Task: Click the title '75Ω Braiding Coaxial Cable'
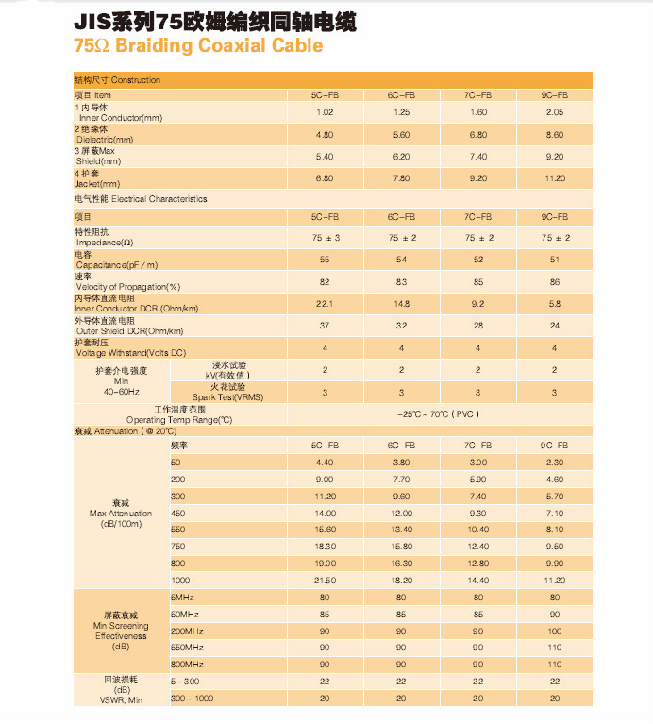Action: pyautogui.click(x=198, y=45)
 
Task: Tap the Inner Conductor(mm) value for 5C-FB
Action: pyautogui.click(x=325, y=112)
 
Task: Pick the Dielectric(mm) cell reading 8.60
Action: pyautogui.click(x=555, y=135)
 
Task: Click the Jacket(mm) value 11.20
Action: pyautogui.click(x=555, y=178)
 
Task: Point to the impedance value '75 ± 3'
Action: pyautogui.click(x=326, y=238)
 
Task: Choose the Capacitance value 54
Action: pyautogui.click(x=401, y=260)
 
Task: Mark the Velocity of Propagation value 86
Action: pyautogui.click(x=555, y=282)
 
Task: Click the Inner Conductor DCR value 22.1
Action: pyautogui.click(x=325, y=304)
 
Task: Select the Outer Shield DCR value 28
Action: pyautogui.click(x=478, y=326)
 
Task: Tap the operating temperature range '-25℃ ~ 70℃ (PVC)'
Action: pyautogui.click(x=439, y=414)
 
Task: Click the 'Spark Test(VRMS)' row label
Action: pyautogui.click(x=228, y=397)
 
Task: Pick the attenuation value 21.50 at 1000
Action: pyautogui.click(x=326, y=581)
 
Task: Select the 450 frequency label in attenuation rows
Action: pyautogui.click(x=178, y=514)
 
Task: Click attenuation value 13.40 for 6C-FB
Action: pyautogui.click(x=402, y=530)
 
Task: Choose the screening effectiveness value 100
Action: pyautogui.click(x=555, y=631)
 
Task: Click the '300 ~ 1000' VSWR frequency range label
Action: pyautogui.click(x=192, y=699)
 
